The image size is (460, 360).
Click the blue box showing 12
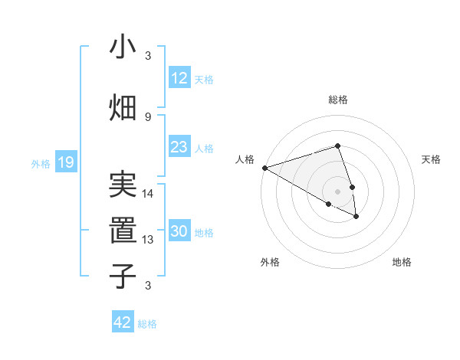[x=179, y=79]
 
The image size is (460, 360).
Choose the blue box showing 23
[x=179, y=148]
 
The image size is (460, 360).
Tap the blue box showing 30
[x=179, y=232]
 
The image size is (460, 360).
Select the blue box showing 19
[x=65, y=162]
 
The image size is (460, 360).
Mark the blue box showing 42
[x=123, y=323]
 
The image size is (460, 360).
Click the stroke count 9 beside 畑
[x=148, y=116]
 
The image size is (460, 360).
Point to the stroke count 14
[x=148, y=194]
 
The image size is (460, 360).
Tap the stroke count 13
[x=148, y=240]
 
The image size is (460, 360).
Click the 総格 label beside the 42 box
[x=147, y=324]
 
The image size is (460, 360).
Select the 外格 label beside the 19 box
[x=41, y=163]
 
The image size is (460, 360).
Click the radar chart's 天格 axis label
[x=431, y=159]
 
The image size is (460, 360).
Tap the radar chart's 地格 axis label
[x=402, y=262]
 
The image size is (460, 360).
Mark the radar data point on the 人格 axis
[x=264, y=168]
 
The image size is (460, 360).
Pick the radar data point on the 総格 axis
[x=337, y=146]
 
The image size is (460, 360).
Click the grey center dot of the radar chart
[x=337, y=191]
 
